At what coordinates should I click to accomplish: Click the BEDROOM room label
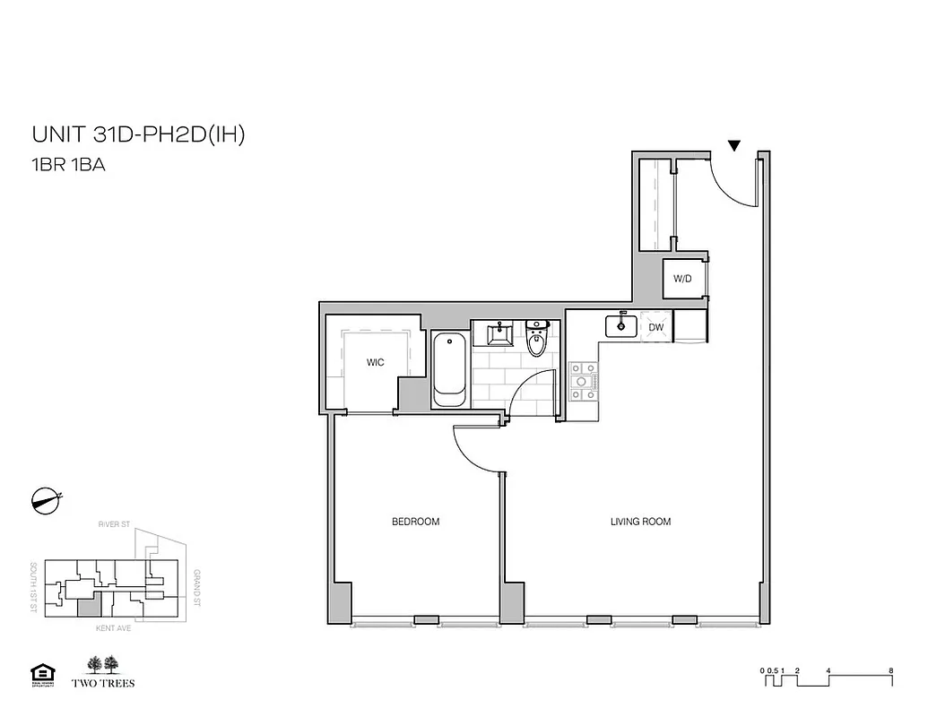point(415,522)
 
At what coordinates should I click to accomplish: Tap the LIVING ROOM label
point(640,522)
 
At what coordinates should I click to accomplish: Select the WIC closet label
point(375,363)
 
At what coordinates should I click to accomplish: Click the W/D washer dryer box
point(682,279)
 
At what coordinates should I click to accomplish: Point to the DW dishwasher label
point(656,328)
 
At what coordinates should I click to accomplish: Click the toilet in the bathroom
point(536,341)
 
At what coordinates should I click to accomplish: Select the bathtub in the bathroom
point(448,370)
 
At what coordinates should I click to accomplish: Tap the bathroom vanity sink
point(498,333)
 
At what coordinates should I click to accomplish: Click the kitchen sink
point(620,326)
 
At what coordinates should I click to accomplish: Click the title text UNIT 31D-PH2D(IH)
point(138,135)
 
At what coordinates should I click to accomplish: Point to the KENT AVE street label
point(113,629)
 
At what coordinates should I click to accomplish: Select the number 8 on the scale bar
point(889,669)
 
